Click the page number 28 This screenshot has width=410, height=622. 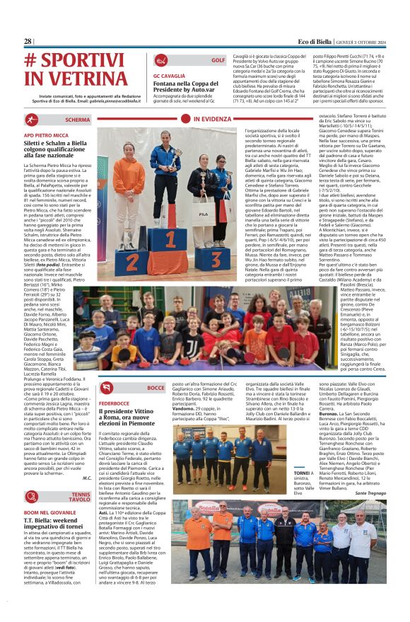(28, 42)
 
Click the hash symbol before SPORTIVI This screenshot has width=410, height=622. (32, 61)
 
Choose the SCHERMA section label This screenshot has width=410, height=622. (77, 120)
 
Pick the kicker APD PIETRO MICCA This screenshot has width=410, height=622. (50, 134)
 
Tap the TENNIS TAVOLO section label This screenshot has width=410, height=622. (80, 497)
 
